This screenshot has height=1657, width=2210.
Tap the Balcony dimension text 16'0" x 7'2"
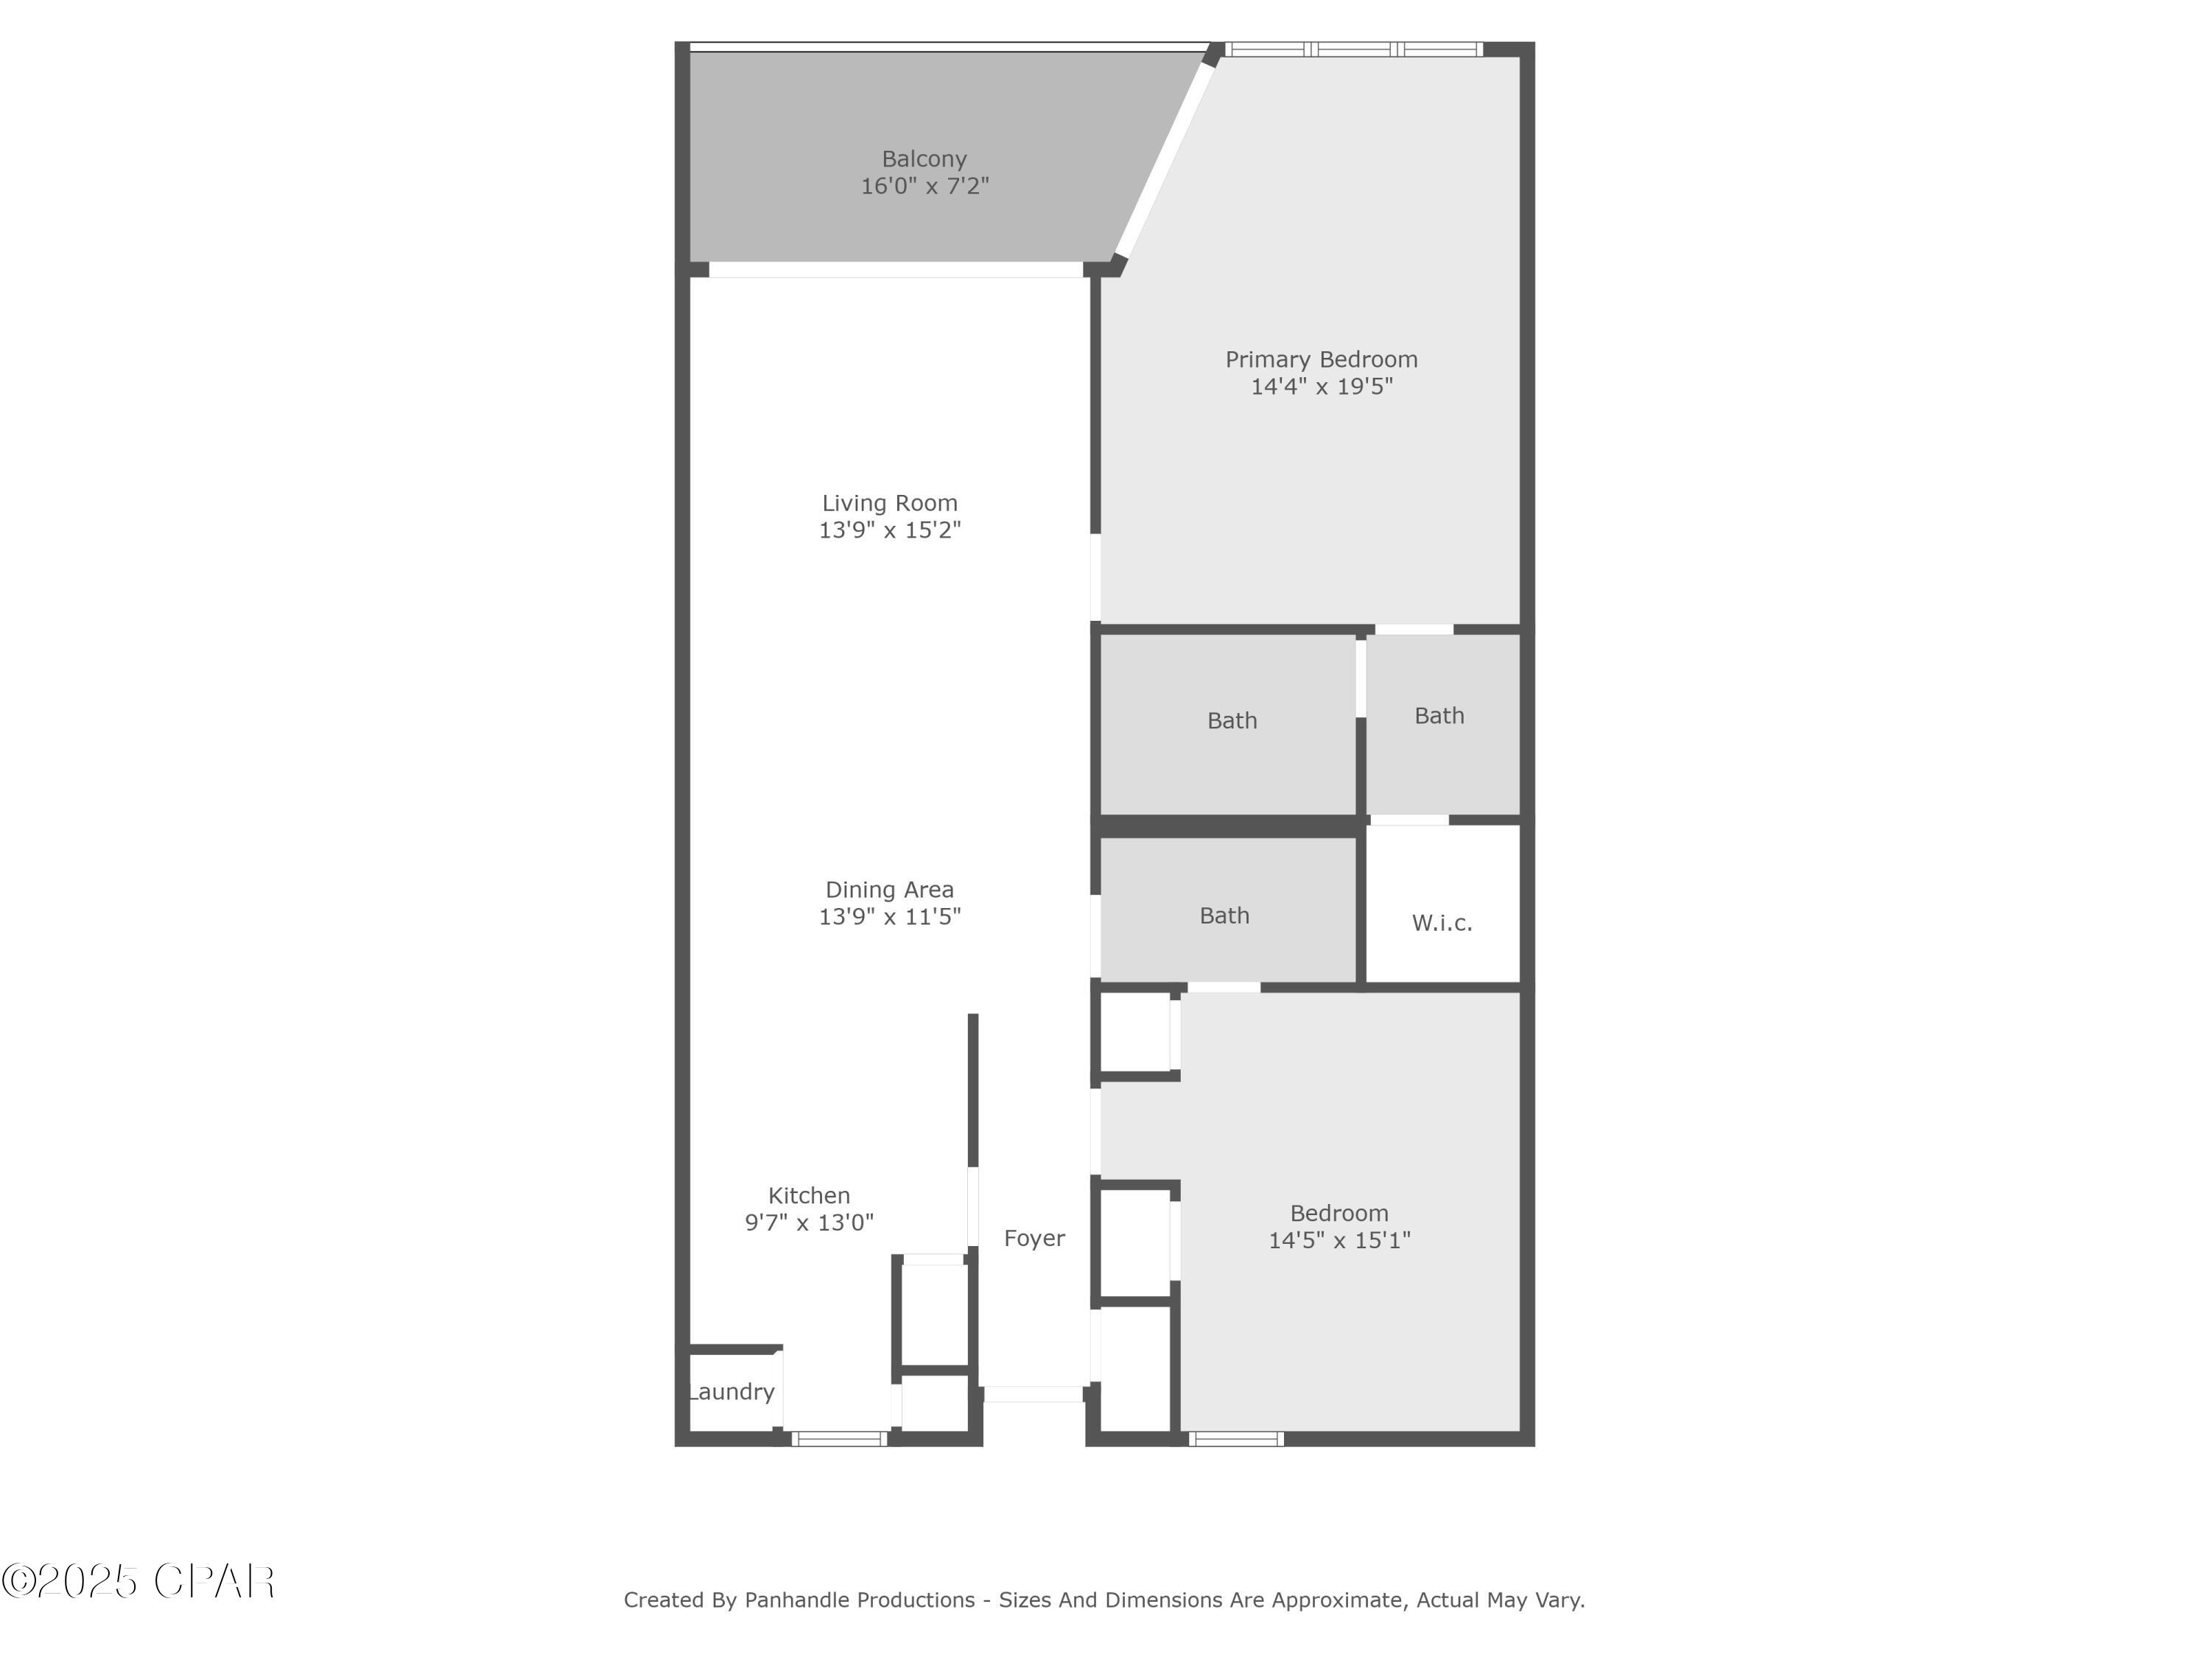925,186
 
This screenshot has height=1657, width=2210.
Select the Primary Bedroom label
1321,359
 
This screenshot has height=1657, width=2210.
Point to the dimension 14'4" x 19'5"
1321,387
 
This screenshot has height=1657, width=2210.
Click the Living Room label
889,504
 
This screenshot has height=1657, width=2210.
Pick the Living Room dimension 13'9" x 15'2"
889,530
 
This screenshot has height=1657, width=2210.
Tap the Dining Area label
889,890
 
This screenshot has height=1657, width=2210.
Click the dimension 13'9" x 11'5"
889,917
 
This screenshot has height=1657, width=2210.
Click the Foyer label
1034,1239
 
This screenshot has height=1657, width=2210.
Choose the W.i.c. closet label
1442,923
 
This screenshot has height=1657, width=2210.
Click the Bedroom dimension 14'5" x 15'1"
1339,1240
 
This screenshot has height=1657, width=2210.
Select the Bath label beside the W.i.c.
1224,916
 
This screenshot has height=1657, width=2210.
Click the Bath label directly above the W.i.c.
1439,716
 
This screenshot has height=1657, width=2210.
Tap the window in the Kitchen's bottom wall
839,1439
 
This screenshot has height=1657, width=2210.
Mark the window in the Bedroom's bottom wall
1236,1439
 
